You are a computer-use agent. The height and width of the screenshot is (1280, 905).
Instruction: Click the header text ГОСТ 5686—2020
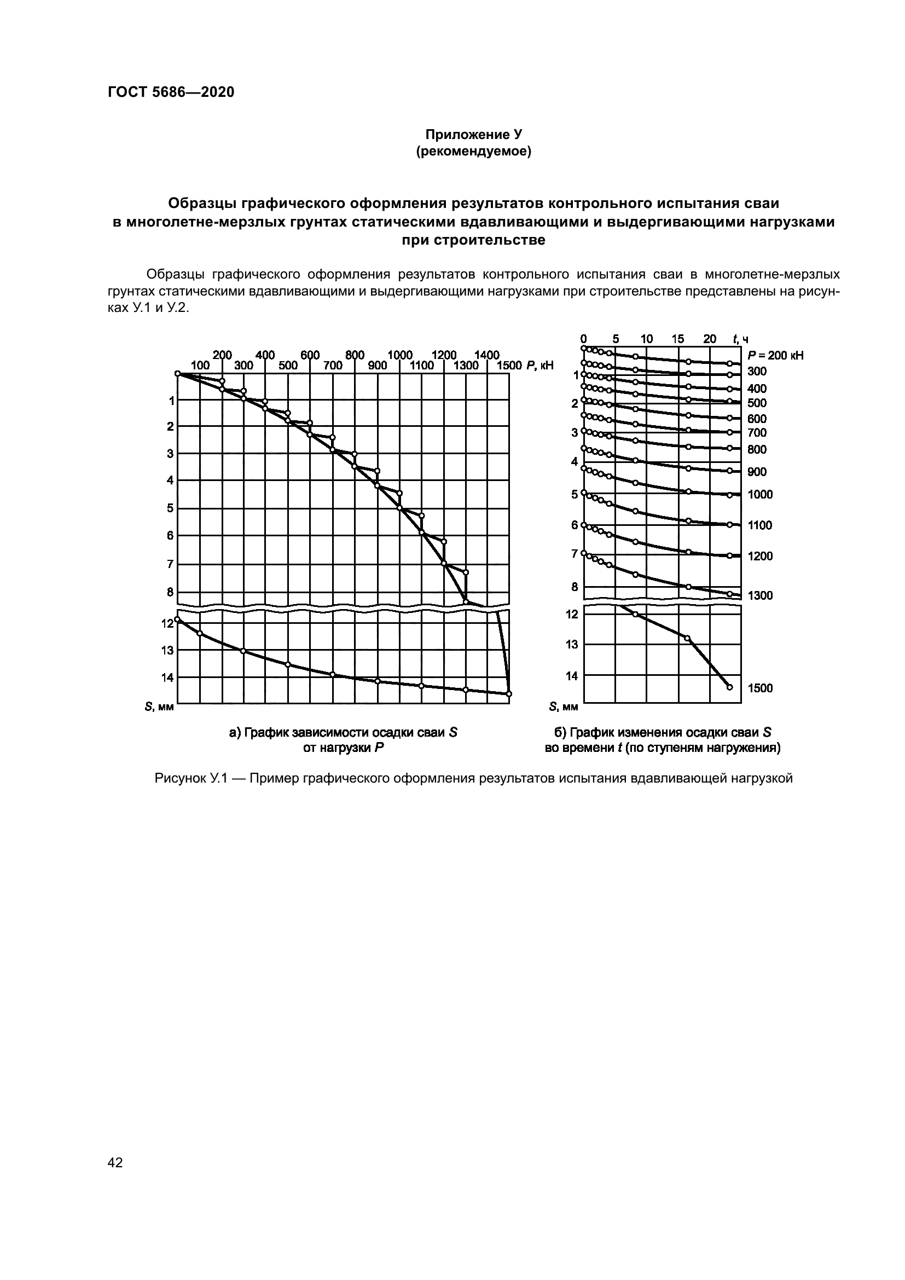171,92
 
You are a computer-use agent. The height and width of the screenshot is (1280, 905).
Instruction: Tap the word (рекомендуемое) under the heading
473,151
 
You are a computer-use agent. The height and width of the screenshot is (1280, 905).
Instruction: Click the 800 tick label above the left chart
355,356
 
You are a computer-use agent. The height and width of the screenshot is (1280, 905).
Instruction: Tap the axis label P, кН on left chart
539,366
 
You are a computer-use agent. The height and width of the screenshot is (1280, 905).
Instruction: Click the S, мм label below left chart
159,707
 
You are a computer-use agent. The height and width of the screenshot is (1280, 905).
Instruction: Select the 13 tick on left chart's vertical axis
167,650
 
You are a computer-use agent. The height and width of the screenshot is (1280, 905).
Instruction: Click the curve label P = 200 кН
776,356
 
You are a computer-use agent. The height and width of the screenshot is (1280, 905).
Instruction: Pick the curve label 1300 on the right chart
760,596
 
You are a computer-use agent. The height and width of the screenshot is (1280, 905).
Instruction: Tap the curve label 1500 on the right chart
760,688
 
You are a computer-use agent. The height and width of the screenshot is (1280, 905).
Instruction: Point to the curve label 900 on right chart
757,472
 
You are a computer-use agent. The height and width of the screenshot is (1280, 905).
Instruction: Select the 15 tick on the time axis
677,339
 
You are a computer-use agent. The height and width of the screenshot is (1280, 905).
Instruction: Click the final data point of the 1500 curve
729,687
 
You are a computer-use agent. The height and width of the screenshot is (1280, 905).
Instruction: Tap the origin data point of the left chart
177,374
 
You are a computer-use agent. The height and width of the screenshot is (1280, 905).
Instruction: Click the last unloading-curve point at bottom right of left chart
509,694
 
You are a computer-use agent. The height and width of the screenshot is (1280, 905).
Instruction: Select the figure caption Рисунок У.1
473,778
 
